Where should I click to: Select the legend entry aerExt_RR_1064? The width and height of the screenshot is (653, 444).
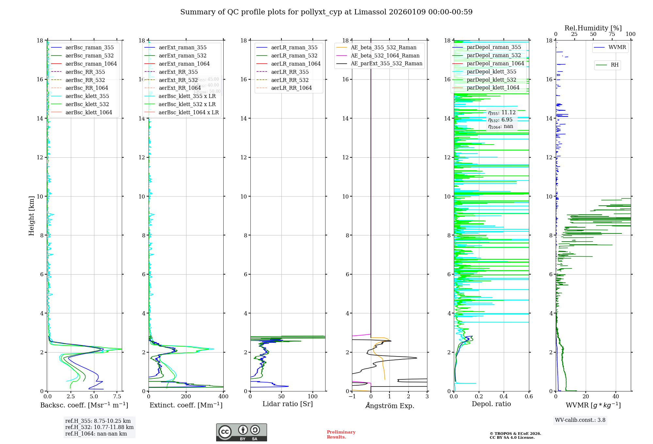click(180, 88)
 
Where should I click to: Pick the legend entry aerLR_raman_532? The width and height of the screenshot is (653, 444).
click(294, 56)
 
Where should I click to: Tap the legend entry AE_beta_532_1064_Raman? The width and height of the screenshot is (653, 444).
click(385, 56)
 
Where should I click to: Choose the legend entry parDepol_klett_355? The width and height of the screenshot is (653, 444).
click(491, 72)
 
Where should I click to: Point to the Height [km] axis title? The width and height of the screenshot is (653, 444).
click(31, 216)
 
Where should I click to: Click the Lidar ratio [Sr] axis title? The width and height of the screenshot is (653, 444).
click(288, 404)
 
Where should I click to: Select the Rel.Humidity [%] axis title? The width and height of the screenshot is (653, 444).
click(593, 28)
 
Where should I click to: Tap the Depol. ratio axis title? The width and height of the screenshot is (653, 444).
click(491, 404)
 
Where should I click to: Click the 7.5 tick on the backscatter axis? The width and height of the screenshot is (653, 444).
click(117, 397)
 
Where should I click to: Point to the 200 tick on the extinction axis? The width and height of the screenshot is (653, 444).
click(186, 397)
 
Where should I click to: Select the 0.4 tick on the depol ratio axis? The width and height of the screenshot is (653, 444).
click(504, 397)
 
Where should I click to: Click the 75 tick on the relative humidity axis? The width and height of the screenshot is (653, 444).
click(612, 34)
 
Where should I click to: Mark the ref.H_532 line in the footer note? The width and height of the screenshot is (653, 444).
click(99, 427)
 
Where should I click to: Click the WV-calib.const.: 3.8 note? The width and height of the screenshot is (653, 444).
click(580, 420)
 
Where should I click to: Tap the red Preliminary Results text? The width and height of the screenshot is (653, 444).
click(341, 435)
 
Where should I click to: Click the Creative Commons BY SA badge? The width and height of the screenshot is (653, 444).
click(241, 433)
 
